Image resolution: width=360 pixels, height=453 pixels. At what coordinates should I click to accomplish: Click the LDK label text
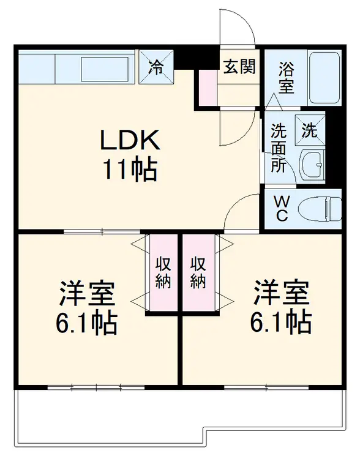click(x=130, y=141)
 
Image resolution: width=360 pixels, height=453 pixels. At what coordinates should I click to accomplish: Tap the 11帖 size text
click(x=130, y=169)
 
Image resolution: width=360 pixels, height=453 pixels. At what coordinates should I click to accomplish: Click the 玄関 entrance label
click(x=239, y=66)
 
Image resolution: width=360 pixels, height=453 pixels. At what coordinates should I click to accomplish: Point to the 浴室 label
click(x=286, y=77)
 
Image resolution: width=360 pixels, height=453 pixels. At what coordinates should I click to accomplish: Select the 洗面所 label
click(x=279, y=148)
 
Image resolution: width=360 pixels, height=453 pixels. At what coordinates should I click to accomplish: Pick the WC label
click(x=281, y=209)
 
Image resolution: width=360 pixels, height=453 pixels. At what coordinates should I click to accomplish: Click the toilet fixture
click(x=319, y=209)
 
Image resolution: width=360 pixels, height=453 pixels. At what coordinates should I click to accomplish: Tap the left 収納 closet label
click(x=162, y=272)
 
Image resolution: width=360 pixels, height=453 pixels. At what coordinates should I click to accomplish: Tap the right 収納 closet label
click(x=198, y=272)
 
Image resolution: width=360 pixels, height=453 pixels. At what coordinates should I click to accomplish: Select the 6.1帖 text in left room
click(x=87, y=323)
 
